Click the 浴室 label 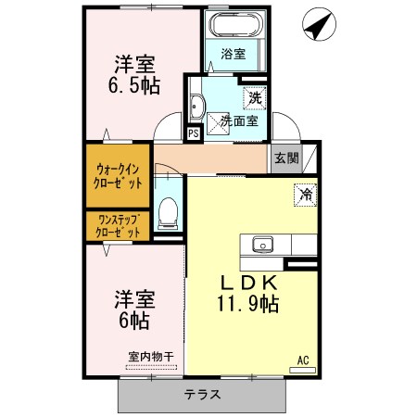(x=234, y=55)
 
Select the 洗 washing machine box (x=253, y=96)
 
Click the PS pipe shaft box (x=194, y=133)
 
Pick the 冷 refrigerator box (x=303, y=195)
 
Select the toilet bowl (x=169, y=213)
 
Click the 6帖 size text (x=133, y=321)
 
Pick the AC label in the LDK (x=302, y=360)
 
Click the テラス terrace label (x=202, y=394)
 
